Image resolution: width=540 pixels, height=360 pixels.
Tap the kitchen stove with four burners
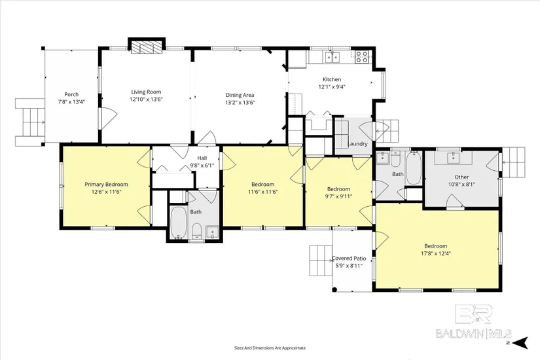[361, 57]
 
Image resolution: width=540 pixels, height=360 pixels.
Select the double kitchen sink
[333, 57]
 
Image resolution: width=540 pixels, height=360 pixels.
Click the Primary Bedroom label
[107, 185]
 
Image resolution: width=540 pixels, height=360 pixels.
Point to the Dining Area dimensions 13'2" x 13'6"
[240, 102]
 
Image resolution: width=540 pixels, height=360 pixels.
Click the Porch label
[71, 94]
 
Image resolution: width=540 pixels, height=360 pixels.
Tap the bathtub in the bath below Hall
[179, 223]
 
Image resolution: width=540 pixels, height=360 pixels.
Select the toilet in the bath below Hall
[196, 230]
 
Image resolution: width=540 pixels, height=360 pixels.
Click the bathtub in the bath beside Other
[414, 168]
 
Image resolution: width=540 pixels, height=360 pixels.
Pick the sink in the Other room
[453, 158]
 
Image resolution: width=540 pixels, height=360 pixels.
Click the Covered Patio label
[349, 259]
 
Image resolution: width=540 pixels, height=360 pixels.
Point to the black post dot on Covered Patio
[334, 289]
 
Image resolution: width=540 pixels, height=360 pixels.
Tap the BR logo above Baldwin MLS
[474, 314]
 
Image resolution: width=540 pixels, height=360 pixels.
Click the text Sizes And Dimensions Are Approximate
[270, 348]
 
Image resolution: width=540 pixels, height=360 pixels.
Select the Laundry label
[357, 144]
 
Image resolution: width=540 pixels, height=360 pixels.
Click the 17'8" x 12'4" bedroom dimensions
[436, 253]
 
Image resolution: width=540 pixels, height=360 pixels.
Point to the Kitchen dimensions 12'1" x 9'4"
[332, 87]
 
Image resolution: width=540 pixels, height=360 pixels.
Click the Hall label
[202, 158]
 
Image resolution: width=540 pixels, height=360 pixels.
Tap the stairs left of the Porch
[30, 122]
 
